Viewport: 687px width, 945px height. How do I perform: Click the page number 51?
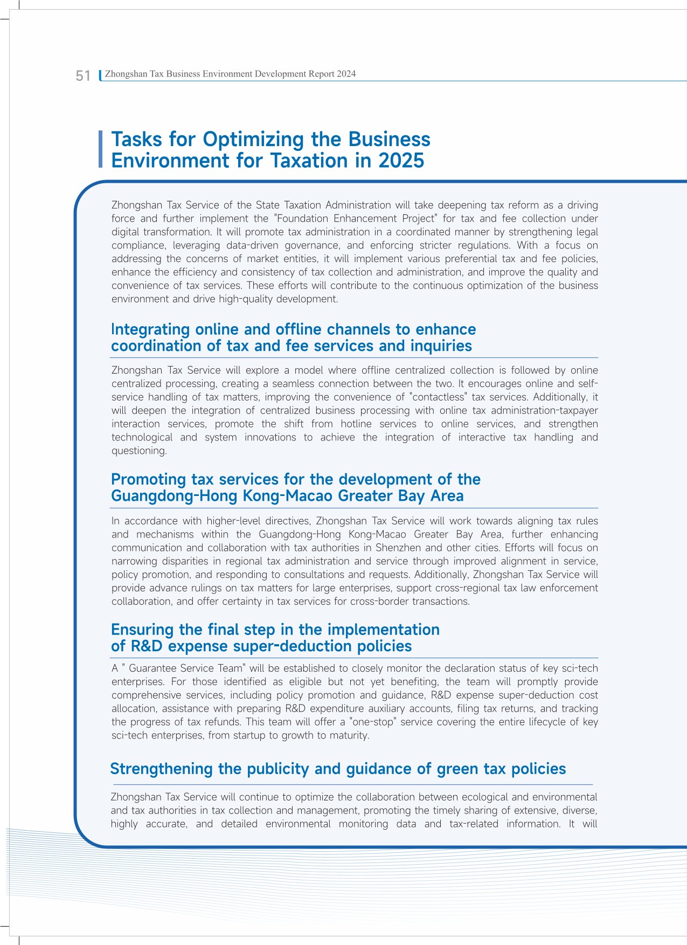pyautogui.click(x=83, y=76)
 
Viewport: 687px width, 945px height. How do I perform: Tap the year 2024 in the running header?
pyautogui.click(x=346, y=74)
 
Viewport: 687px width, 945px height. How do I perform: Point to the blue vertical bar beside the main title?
pyautogui.click(x=100, y=149)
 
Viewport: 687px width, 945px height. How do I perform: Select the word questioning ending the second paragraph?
pyautogui.click(x=138, y=451)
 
